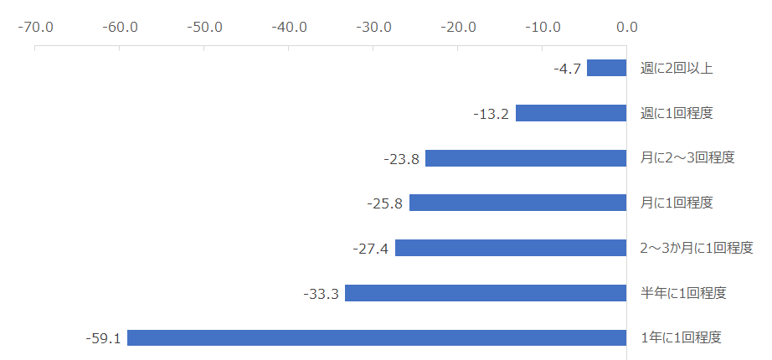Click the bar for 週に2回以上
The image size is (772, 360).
pos(606,68)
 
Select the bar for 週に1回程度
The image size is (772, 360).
pos(571,113)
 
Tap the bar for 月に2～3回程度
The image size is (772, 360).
pos(526,158)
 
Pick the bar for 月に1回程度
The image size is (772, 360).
pos(517,203)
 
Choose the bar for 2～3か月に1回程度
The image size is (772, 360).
pos(511,248)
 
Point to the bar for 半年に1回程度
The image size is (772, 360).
pos(486,293)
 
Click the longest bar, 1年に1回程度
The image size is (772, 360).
pos(377,338)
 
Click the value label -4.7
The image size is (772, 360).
pos(567,69)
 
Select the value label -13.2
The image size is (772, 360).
pos(490,114)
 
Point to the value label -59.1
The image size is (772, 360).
pos(103,339)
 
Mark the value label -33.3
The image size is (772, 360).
pos(321,294)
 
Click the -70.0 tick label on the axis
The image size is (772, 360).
pos(35,26)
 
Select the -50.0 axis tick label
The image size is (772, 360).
pos(203,26)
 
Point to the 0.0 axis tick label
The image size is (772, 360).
pos(626,26)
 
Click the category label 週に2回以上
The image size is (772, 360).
pos(677,68)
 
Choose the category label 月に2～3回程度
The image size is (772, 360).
pos(687,158)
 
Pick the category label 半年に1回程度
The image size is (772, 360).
pos(683,293)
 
